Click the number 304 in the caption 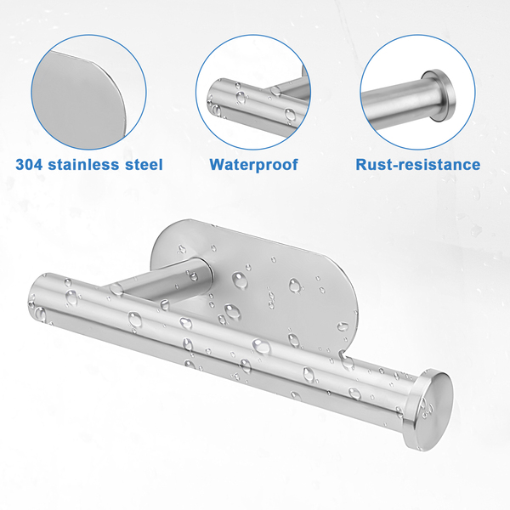coord(29,164)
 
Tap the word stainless coord(83,164)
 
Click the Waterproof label coord(253,165)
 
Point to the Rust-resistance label coord(418,165)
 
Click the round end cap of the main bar coord(429,410)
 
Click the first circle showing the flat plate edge coord(88,92)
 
